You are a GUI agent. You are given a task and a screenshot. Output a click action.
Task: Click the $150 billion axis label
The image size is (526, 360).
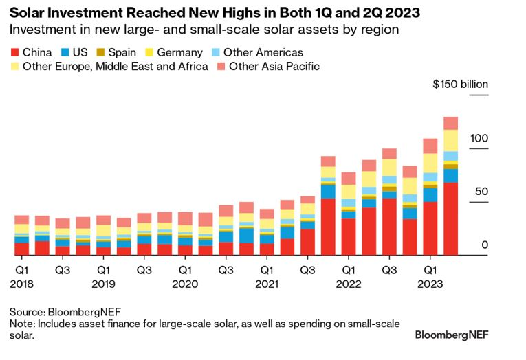[460, 85]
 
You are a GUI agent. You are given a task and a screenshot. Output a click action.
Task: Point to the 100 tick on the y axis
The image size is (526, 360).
[479, 139]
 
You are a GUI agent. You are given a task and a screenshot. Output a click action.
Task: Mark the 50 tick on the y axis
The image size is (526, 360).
[481, 191]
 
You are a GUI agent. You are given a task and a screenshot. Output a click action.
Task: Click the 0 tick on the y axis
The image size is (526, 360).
[484, 244]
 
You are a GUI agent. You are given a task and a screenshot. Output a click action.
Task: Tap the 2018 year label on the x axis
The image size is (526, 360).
[21, 283]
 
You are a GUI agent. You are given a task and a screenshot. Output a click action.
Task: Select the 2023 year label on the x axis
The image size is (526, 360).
[430, 283]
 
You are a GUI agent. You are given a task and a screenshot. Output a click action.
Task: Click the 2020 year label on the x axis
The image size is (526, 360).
[185, 283]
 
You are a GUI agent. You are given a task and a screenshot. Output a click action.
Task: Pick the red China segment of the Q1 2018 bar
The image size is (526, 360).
[22, 249]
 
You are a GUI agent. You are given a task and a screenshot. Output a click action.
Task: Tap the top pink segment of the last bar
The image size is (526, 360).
[450, 123]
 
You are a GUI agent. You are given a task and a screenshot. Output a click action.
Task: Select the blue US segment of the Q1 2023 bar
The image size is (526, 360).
[430, 195]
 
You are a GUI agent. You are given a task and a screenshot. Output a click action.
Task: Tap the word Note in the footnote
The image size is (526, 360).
[22, 324]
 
